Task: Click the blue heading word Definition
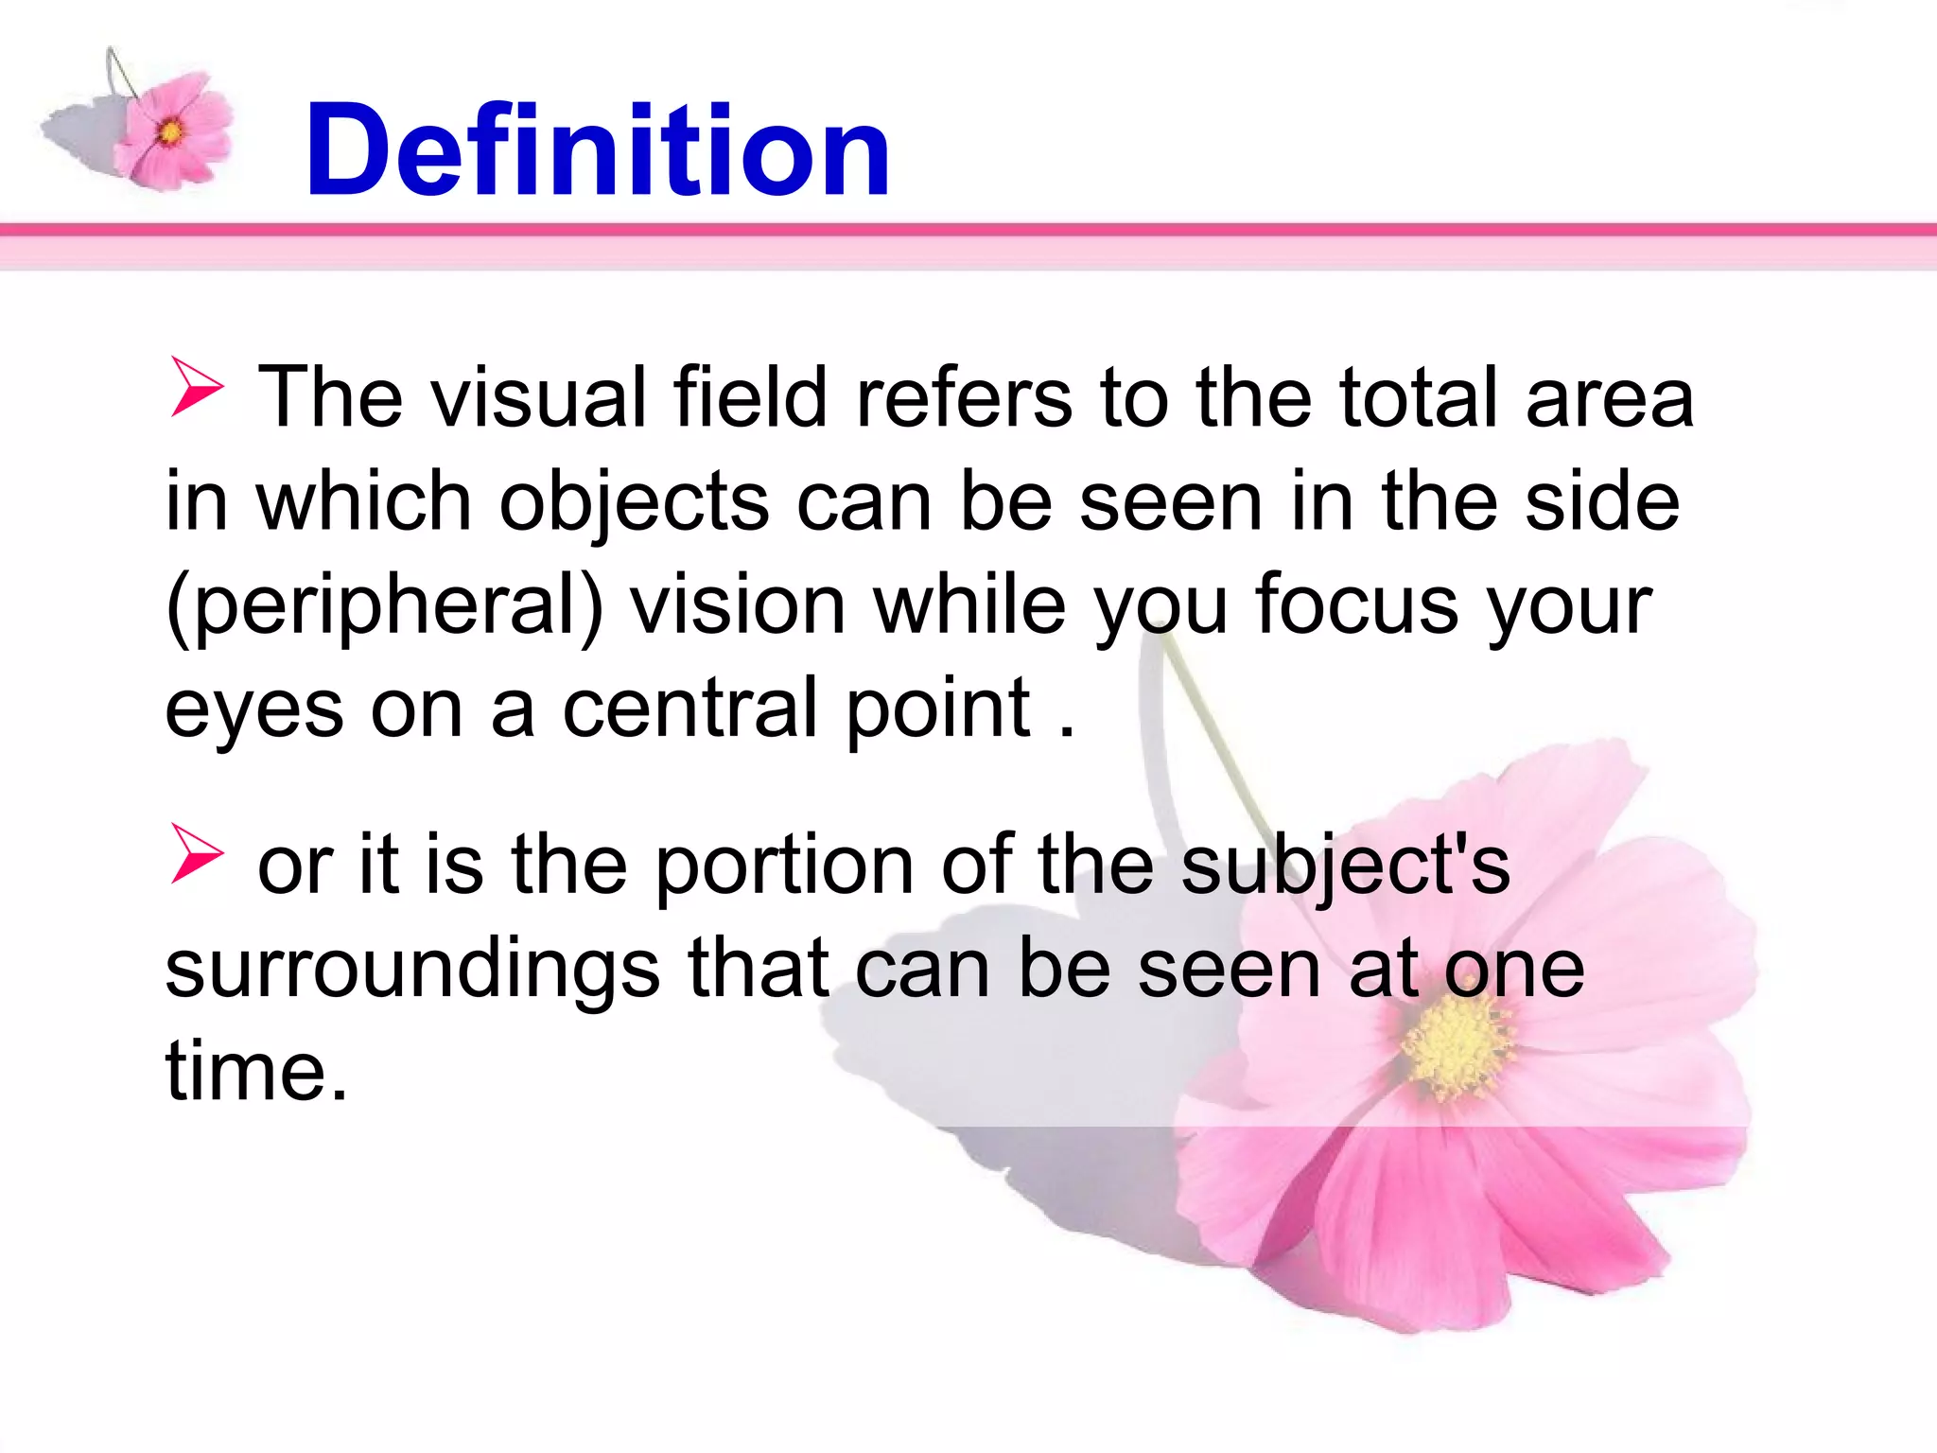tap(598, 151)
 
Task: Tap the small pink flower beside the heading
tap(175, 131)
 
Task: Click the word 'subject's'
tap(1345, 865)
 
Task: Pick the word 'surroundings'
tap(412, 969)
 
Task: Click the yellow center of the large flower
tap(1457, 1046)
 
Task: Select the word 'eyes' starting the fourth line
tap(253, 711)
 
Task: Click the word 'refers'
tap(963, 397)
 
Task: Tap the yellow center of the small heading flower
tap(171, 131)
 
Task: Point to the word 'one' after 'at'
tap(1513, 969)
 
